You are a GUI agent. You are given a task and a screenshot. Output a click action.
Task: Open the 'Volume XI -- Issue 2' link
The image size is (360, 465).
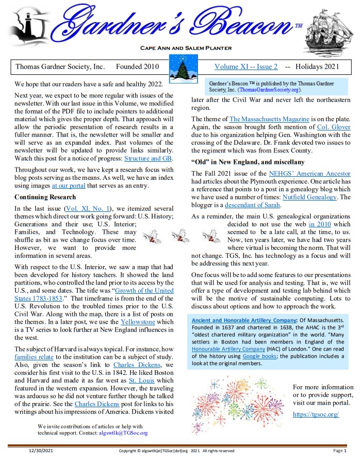(x=246, y=67)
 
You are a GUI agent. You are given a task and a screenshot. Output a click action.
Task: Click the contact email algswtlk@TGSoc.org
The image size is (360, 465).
(x=123, y=433)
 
